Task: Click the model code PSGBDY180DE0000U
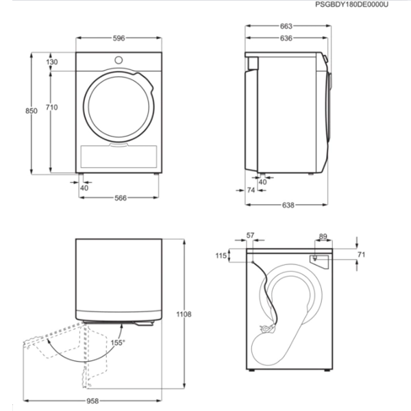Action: [x=351, y=5]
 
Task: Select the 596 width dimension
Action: [x=119, y=38]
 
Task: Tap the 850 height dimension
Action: [x=32, y=111]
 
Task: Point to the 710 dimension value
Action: [x=51, y=108]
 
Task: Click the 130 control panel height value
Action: [x=52, y=62]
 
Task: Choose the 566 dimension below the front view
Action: [x=121, y=198]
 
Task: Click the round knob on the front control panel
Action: [x=119, y=60]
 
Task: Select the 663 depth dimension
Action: [x=286, y=26]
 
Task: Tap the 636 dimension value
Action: [x=286, y=38]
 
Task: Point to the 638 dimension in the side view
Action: [x=288, y=205]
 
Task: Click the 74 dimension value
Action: [x=251, y=190]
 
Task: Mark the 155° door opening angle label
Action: [x=118, y=342]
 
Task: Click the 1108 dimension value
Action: [x=184, y=314]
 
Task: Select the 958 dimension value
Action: [x=92, y=401]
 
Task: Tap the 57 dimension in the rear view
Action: [x=250, y=236]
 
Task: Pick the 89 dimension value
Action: [x=323, y=236]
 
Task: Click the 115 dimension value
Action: [x=221, y=256]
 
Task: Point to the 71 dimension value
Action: [x=361, y=254]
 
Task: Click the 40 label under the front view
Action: [x=84, y=188]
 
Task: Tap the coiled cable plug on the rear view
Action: [x=266, y=328]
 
